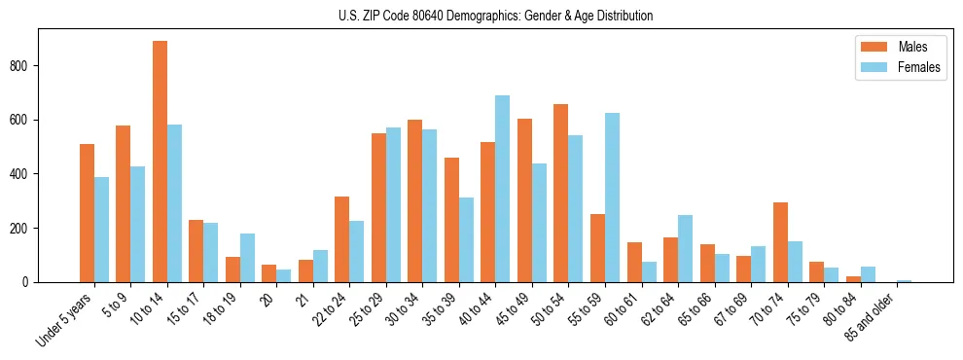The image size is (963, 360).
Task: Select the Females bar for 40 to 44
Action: click(502, 189)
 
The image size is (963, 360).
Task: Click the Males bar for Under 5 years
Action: click(87, 213)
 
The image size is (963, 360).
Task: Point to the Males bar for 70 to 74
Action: click(780, 242)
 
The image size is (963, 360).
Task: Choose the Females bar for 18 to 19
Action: click(247, 258)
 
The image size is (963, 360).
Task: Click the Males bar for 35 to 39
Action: click(451, 220)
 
